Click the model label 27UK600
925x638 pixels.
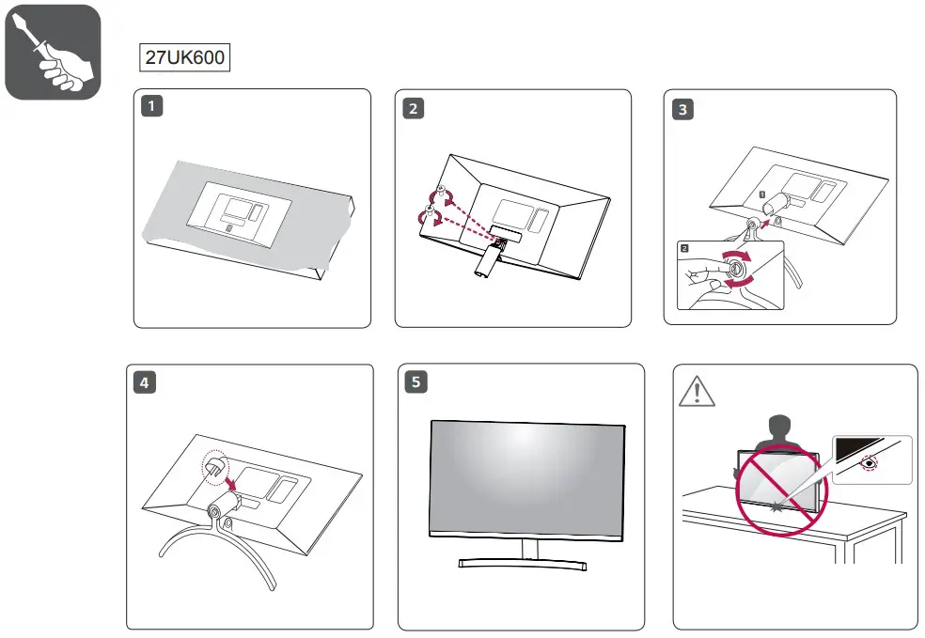click(x=185, y=57)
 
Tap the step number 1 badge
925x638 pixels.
click(x=150, y=107)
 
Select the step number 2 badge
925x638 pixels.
click(x=412, y=107)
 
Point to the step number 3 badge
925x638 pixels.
click(x=682, y=109)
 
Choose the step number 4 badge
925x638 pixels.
click(x=144, y=382)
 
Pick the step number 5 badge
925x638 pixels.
click(x=415, y=382)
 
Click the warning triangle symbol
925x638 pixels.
click(x=697, y=390)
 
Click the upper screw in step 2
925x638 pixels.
click(x=439, y=194)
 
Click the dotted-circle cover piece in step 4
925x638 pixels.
click(x=213, y=465)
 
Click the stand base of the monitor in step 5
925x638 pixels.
click(x=523, y=564)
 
